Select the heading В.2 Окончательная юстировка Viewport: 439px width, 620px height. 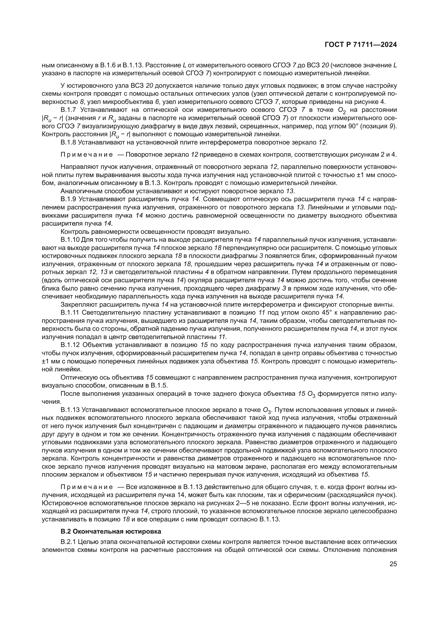(x=111, y=531)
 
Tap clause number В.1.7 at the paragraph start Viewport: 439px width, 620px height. (x=69, y=110)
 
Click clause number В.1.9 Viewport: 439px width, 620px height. (x=69, y=199)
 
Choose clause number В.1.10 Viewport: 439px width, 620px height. (x=70, y=240)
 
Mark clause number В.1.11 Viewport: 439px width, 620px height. (x=70, y=313)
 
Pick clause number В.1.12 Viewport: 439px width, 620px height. (x=70, y=345)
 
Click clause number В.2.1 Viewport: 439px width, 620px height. (x=69, y=542)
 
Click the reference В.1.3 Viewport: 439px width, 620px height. (x=153, y=183)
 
